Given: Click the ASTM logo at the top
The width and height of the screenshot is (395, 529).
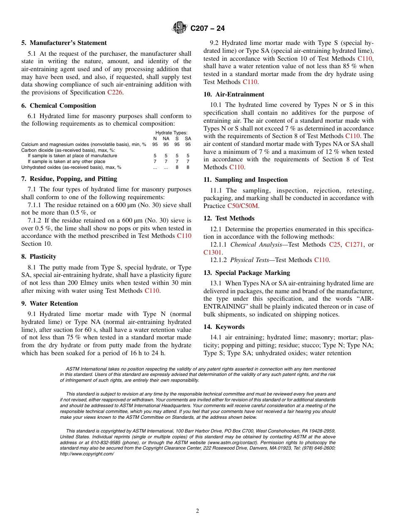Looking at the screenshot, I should (180, 28).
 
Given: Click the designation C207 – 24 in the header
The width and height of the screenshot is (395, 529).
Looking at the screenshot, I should (207, 28).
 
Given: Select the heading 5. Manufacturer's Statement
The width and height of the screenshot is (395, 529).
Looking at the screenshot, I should (64, 43).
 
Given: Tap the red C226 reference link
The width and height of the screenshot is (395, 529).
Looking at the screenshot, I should (115, 92).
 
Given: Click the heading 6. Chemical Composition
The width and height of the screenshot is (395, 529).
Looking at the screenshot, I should (59, 106).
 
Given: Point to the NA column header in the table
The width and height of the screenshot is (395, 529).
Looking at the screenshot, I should (166, 138).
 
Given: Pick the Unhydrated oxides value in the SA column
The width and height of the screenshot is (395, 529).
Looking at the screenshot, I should (188, 167).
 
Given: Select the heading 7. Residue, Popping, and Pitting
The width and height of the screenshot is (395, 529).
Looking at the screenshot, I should (69, 179).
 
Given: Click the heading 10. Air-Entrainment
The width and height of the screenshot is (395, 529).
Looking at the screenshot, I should (234, 94).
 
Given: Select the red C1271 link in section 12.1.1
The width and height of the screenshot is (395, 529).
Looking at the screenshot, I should (353, 245).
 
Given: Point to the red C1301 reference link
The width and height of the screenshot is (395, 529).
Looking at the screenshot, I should (212, 252).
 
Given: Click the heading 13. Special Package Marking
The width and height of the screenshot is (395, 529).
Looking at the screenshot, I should (247, 273).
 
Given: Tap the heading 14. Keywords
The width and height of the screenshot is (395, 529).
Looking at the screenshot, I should (224, 327).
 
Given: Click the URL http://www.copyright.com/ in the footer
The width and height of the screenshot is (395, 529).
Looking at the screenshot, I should (87, 454).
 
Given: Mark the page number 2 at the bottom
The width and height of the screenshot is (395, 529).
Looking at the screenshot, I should (197, 511).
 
